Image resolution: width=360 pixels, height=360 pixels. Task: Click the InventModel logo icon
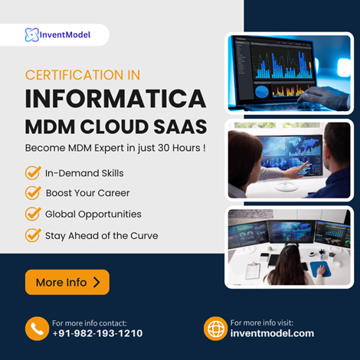coord(32,34)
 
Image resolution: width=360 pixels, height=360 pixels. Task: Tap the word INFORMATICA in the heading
coord(116,99)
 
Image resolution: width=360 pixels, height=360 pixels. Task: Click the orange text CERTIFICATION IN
coord(83,75)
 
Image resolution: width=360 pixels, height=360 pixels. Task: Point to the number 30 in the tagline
coord(164,148)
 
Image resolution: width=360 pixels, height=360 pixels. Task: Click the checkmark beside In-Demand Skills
coord(33,173)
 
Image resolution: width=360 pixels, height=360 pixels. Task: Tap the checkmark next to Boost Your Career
coord(33,193)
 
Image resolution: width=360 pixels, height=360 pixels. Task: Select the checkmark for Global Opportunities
coord(33,214)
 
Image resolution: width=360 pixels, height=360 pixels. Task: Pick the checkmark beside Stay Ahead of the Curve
coord(33,235)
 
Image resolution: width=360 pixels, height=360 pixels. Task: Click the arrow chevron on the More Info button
coord(97,283)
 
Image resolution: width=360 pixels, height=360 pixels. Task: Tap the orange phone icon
coord(37,329)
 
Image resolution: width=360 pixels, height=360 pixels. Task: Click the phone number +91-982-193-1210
coord(97,333)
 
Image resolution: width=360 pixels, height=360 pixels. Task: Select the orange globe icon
coord(216,329)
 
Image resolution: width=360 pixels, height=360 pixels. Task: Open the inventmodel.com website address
coord(272,333)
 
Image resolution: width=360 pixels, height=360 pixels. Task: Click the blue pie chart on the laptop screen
coord(262,92)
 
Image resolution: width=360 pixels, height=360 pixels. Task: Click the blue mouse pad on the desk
coord(320,269)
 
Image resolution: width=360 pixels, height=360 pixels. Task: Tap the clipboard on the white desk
coord(253,270)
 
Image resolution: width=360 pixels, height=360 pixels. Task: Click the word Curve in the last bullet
coord(144,236)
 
